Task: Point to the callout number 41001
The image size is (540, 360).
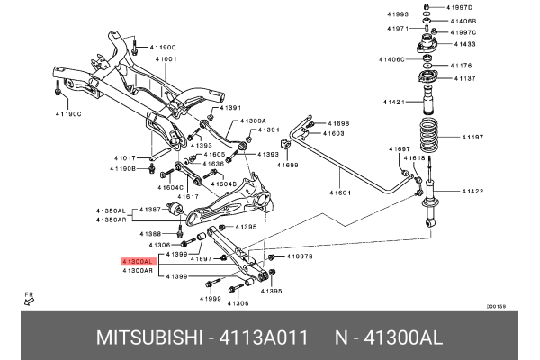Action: tap(166, 59)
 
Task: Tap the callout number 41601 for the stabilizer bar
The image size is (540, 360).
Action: tap(340, 193)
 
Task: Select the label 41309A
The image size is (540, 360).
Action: tap(253, 120)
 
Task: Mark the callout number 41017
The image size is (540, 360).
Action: tap(124, 157)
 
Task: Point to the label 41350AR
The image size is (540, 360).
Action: tap(112, 220)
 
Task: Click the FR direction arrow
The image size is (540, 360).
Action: tap(29, 301)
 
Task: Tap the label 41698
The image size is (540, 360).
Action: tap(338, 123)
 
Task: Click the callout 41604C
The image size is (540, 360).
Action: tap(171, 187)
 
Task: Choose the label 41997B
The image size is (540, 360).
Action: tap(300, 256)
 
